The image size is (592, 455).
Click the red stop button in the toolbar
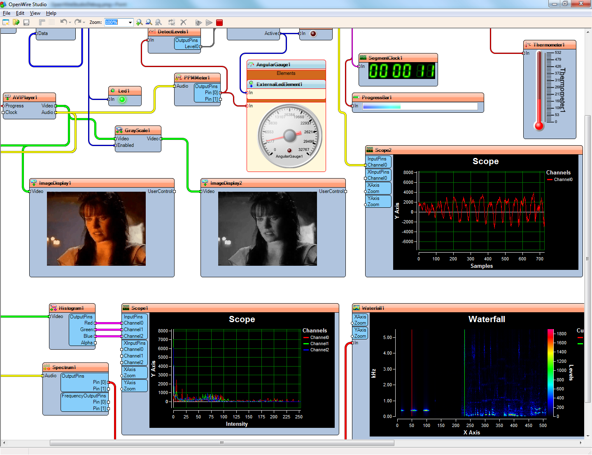pos(219,23)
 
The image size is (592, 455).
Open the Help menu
pos(51,13)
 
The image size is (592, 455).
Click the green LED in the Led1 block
pos(122,100)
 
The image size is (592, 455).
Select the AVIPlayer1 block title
pos(25,97)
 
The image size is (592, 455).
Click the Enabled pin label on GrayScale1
pos(126,145)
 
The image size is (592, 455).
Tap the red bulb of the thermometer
pos(539,125)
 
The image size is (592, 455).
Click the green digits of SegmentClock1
pos(401,71)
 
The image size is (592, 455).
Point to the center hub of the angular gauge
pos(290,135)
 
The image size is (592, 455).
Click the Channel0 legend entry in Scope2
pos(563,179)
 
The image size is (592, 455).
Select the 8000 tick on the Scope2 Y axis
pos(408,172)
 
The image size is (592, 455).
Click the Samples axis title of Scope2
pos(482,266)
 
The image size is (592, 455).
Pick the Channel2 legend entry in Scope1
pos(319,350)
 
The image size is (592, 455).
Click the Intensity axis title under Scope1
pos(237,424)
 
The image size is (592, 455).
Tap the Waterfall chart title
pos(487,319)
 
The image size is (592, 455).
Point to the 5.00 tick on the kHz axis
pos(387,337)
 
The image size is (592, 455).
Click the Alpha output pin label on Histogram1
pos(87,343)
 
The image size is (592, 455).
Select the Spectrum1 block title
pos(64,367)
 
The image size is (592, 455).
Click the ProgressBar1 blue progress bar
pos(382,107)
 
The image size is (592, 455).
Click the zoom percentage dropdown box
pos(118,22)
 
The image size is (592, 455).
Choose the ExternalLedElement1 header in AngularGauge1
pos(279,84)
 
